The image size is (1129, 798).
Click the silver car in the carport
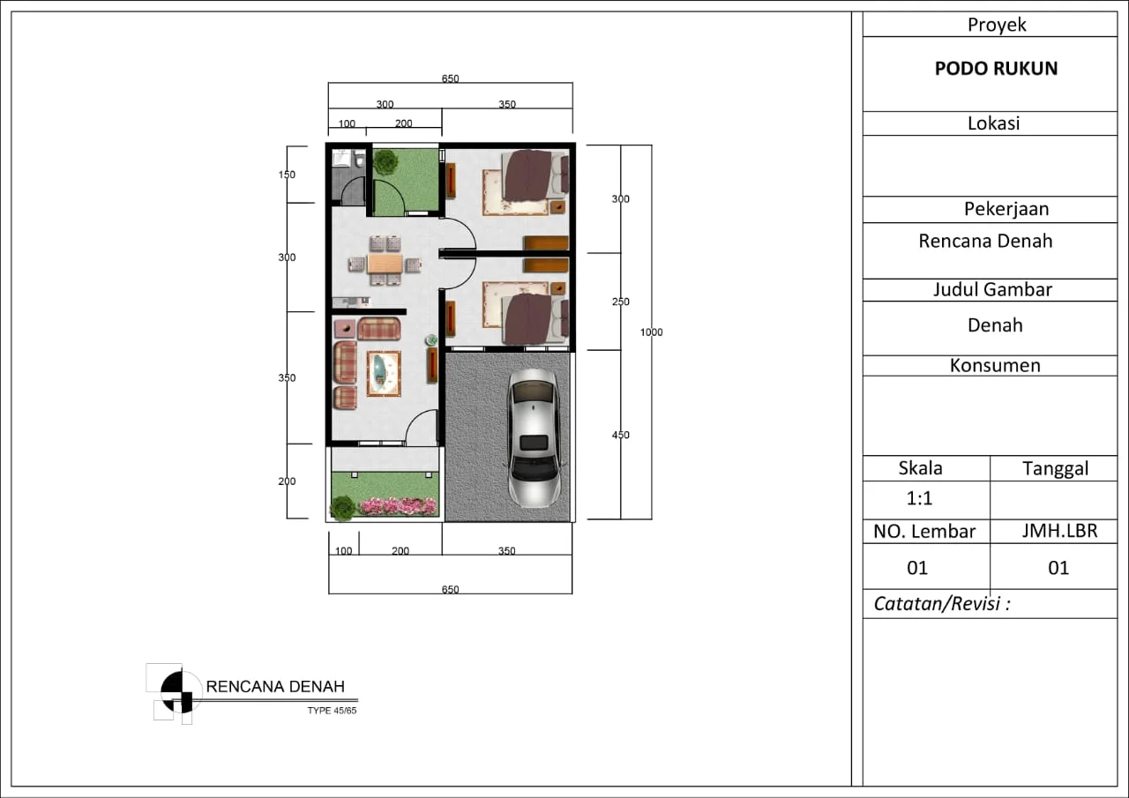[534, 437]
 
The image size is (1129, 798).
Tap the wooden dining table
[385, 264]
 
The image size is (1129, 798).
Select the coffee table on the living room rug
[384, 373]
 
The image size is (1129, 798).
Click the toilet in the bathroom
[359, 160]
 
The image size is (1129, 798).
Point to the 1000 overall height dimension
[651, 332]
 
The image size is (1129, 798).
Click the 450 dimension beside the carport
[620, 435]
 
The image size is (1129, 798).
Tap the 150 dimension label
[287, 175]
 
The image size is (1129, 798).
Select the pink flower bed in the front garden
[398, 506]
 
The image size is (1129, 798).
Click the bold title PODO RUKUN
[996, 69]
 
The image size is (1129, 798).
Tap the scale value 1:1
[919, 498]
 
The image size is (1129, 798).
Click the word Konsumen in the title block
[995, 365]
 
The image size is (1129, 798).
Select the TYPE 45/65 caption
[332, 711]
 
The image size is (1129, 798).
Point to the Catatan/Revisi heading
[941, 603]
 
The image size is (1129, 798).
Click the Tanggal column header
[1055, 468]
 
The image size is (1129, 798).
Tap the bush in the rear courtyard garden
[385, 161]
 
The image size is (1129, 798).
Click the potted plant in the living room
[431, 340]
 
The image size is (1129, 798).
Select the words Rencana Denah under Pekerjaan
[985, 241]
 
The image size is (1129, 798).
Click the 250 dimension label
[620, 302]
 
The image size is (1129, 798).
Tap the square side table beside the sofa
[345, 328]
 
